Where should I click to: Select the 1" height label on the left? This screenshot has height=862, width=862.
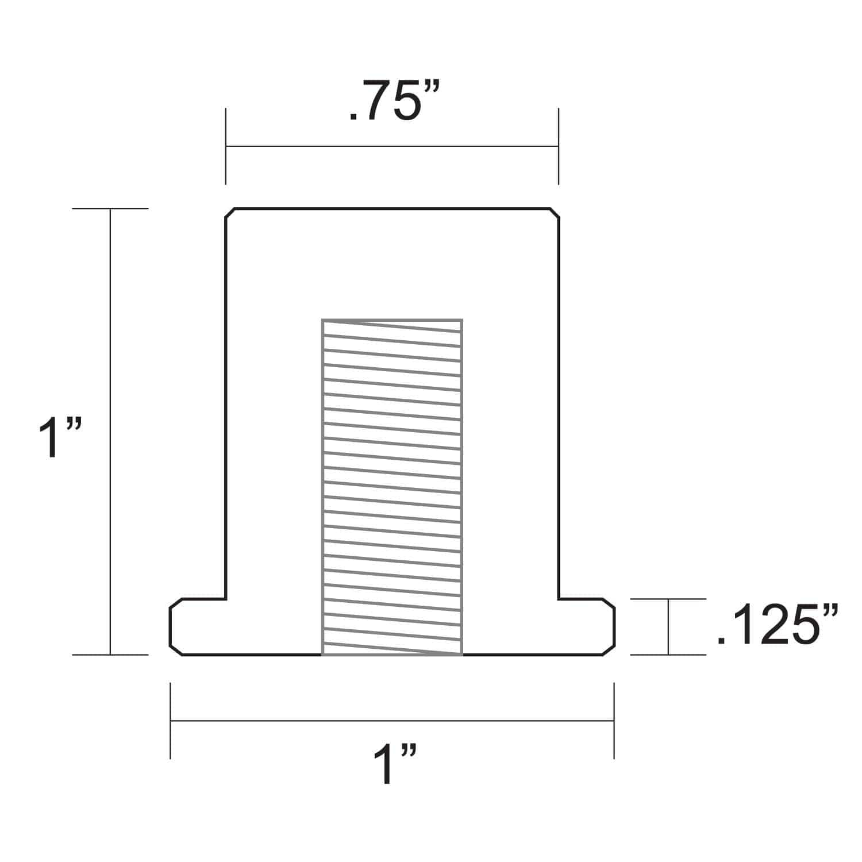(x=60, y=438)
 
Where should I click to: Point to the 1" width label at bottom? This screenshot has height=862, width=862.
(x=394, y=764)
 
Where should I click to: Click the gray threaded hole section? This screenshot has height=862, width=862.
(x=392, y=487)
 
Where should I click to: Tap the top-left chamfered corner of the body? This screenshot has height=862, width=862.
(x=229, y=213)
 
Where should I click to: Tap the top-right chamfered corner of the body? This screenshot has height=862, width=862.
(x=555, y=213)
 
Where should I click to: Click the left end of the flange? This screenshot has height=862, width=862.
(x=171, y=626)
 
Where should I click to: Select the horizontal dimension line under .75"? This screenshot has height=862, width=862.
(x=392, y=147)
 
